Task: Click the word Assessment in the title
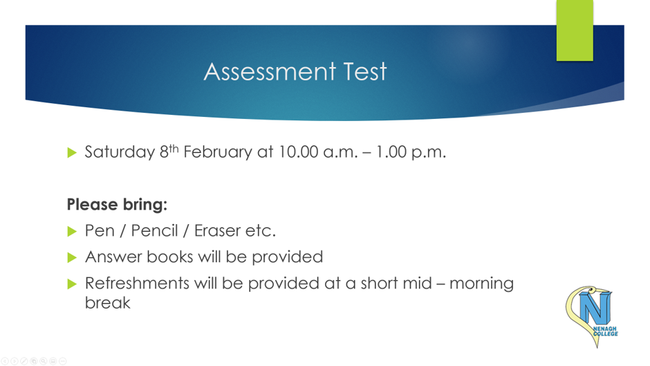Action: (x=270, y=71)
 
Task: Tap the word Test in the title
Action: (x=365, y=71)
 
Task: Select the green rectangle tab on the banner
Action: (x=575, y=30)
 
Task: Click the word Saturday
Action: (x=120, y=152)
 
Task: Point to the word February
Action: (x=218, y=152)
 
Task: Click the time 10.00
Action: (x=299, y=152)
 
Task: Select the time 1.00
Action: (x=391, y=152)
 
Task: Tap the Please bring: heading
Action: (x=117, y=205)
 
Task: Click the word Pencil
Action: (x=154, y=230)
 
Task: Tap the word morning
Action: (x=482, y=284)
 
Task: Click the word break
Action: (x=107, y=303)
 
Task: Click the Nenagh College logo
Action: (x=592, y=315)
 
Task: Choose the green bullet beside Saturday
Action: (x=72, y=153)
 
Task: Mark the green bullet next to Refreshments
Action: (x=72, y=284)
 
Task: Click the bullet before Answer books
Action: (x=72, y=257)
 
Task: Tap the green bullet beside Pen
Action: (x=72, y=232)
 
